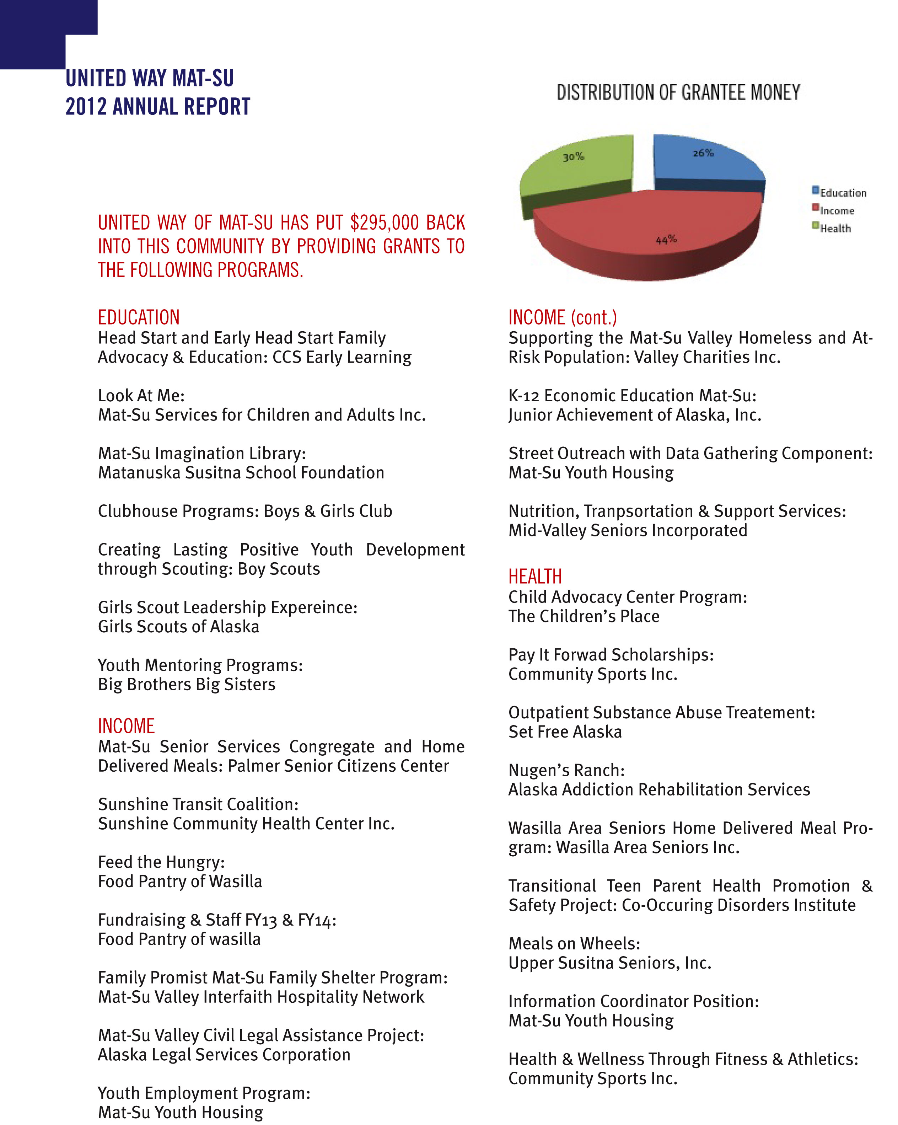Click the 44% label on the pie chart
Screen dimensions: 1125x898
(x=666, y=240)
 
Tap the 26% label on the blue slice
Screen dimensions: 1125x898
(x=703, y=153)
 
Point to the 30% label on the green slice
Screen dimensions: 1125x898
(x=573, y=156)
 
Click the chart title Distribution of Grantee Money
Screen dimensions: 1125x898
(x=678, y=93)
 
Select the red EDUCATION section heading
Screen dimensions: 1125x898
(x=139, y=317)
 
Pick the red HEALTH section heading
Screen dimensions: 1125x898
(x=535, y=576)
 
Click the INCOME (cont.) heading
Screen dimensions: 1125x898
(x=563, y=317)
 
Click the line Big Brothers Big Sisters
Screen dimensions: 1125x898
(x=186, y=684)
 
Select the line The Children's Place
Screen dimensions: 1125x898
(x=584, y=616)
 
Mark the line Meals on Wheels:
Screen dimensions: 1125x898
(x=574, y=943)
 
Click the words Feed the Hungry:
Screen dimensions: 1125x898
(x=161, y=862)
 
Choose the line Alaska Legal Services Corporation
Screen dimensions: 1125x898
(x=224, y=1055)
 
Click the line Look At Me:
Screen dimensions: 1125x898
(x=141, y=396)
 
